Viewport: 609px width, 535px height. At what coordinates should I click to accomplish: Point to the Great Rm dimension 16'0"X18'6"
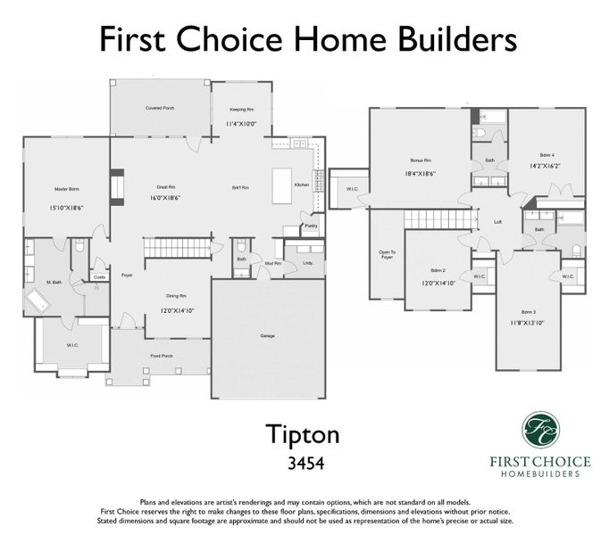163,199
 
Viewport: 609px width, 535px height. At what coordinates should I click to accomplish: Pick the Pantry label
311,226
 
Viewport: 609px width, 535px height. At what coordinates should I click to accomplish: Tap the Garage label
267,336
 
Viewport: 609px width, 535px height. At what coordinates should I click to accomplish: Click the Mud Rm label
272,264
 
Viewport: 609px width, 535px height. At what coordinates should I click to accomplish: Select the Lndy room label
307,263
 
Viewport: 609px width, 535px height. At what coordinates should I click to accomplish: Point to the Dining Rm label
176,295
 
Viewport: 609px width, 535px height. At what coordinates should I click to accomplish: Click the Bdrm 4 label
546,154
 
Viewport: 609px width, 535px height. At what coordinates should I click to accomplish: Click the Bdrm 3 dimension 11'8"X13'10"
529,323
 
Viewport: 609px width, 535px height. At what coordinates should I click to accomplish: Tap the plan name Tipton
304,433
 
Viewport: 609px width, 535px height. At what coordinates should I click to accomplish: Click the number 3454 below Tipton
304,464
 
